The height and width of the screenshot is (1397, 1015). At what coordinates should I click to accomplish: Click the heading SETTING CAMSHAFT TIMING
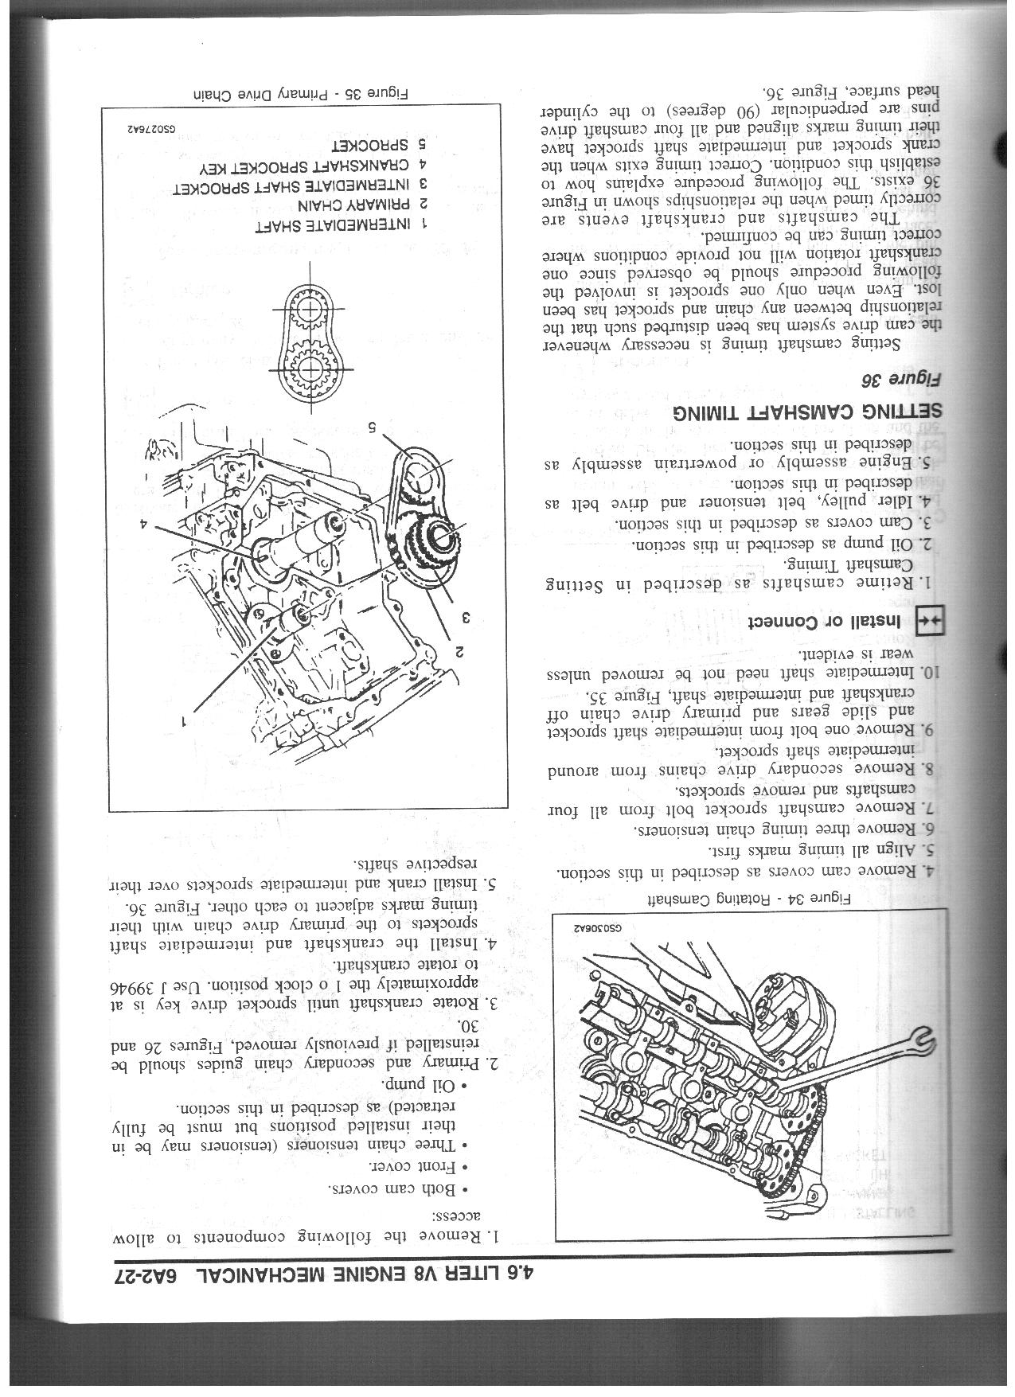pyautogui.click(x=805, y=412)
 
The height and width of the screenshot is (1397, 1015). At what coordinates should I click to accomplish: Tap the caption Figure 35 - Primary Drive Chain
pyautogui.click(x=302, y=94)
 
